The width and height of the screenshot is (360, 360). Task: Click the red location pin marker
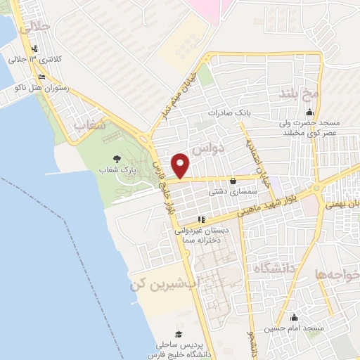click(181, 165)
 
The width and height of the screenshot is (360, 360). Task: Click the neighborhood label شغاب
click(90, 124)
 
